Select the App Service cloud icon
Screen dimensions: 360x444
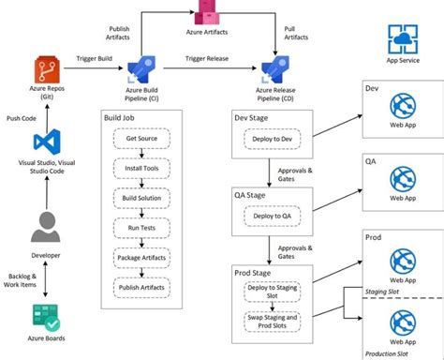click(402, 40)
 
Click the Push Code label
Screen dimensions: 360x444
click(22, 119)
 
